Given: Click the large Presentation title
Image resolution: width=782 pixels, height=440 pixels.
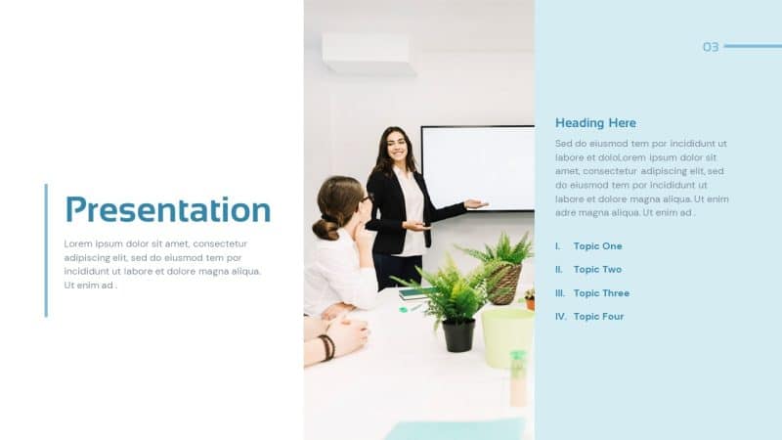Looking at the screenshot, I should click(x=167, y=209).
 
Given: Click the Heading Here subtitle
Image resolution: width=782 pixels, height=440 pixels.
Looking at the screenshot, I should click(x=595, y=123).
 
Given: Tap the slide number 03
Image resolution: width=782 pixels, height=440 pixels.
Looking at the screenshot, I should click(x=711, y=47).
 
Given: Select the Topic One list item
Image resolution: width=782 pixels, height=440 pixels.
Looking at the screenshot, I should click(x=597, y=246).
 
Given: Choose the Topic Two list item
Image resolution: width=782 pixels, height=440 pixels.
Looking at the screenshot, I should click(x=597, y=270).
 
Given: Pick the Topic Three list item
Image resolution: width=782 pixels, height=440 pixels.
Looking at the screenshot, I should click(x=601, y=293).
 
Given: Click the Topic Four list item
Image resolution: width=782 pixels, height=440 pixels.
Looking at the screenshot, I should click(x=598, y=317).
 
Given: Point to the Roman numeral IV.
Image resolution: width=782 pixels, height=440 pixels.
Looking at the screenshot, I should click(x=561, y=317).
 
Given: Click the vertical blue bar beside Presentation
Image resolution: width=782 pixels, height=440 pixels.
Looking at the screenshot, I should click(x=46, y=250).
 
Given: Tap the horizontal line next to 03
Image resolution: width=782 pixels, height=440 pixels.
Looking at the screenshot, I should click(x=752, y=46).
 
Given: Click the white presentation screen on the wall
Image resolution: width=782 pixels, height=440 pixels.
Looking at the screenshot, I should click(x=478, y=167).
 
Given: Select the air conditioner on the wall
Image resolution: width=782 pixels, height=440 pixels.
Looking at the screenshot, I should click(x=369, y=54).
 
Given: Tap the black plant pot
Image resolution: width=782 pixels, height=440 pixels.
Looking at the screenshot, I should click(x=458, y=335).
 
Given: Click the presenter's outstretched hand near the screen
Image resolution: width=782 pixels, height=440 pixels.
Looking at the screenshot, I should click(x=475, y=204).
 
